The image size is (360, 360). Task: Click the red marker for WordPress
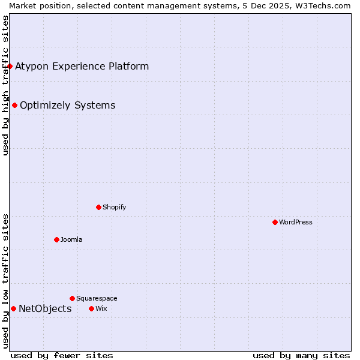pos(275,222)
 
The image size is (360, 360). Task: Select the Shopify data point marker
pos(98,207)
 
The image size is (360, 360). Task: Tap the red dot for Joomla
pos(56,239)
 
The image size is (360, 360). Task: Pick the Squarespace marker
pos(72,298)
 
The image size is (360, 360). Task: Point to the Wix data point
pos(91,308)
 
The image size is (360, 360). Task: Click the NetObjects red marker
pos(13,308)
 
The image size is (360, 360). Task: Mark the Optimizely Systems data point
pos(14,105)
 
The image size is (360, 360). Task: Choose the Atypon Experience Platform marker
pos(10,66)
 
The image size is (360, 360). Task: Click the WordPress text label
pos(296,222)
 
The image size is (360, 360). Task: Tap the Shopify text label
pos(114,207)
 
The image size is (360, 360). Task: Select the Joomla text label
pos(71,239)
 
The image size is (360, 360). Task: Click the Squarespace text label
pos(97,298)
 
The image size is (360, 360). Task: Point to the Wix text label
pos(101,308)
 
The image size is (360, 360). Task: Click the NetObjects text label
pos(45,308)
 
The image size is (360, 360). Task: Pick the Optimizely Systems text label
pos(67,106)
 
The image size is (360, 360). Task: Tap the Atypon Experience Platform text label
pos(82,66)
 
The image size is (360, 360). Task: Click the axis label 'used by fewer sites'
pos(62,355)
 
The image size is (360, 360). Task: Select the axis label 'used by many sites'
pos(301,355)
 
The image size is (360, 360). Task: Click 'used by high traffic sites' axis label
pos(5,85)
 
